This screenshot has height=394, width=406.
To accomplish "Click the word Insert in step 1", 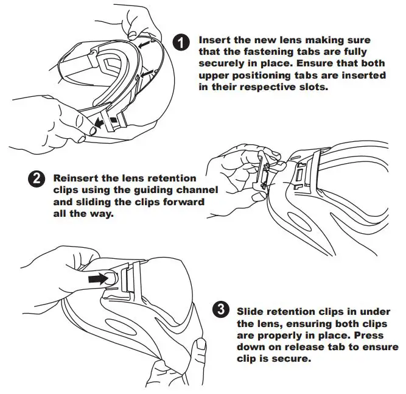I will coord(214,40).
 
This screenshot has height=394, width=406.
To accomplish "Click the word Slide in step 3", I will coord(251,311).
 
